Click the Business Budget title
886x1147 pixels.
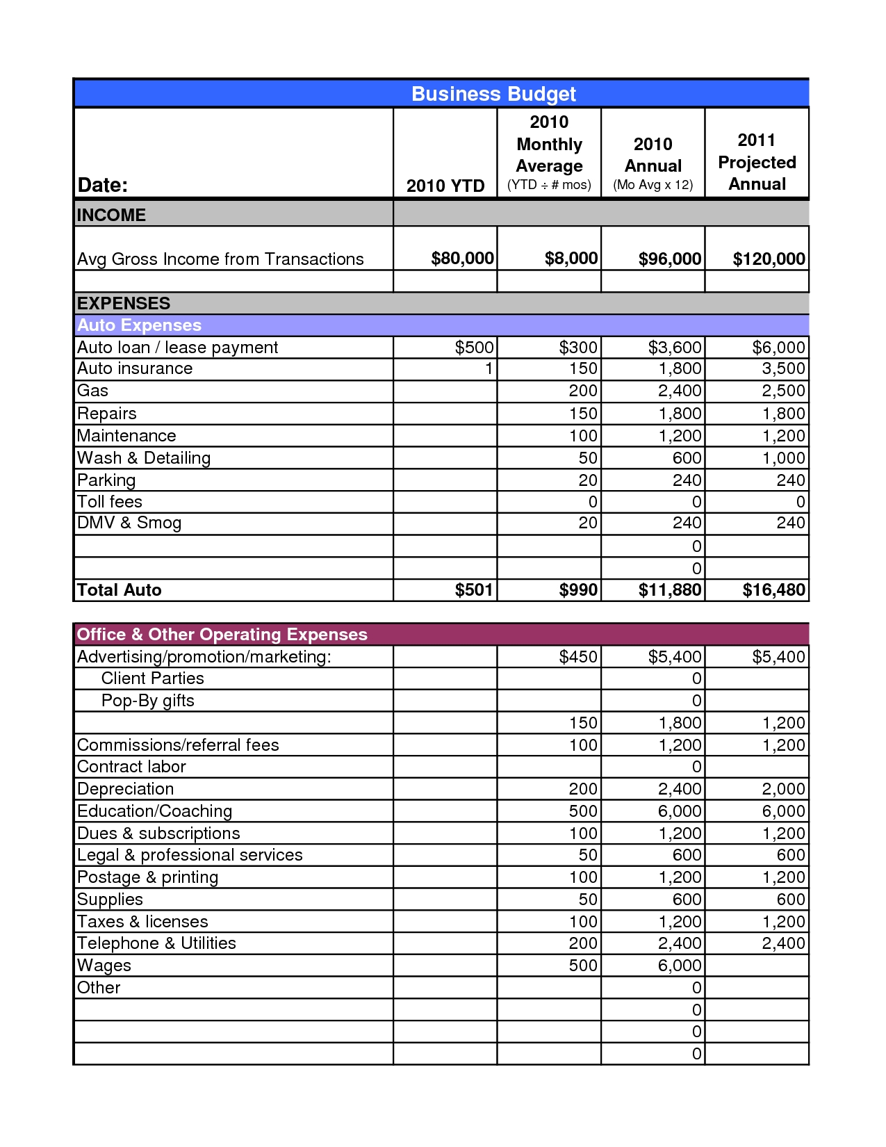point(493,94)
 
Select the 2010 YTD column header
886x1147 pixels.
point(445,186)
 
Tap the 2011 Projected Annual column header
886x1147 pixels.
point(757,162)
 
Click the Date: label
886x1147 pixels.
point(103,185)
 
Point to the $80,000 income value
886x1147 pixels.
point(462,259)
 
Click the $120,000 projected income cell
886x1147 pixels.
point(769,259)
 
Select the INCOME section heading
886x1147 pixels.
point(111,215)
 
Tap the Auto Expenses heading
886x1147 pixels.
point(139,325)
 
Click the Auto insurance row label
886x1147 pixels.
point(135,368)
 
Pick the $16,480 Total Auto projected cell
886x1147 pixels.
point(773,590)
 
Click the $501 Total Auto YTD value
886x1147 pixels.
point(474,590)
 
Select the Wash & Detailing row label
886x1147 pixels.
point(144,458)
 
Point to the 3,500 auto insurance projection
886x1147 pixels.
point(783,368)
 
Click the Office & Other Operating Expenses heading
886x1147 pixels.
point(222,635)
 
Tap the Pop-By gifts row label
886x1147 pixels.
point(147,701)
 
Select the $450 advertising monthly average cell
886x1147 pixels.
point(578,657)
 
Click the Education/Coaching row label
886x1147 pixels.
point(154,811)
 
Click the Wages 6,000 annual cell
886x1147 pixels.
point(680,966)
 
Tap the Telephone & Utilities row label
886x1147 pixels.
point(156,943)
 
